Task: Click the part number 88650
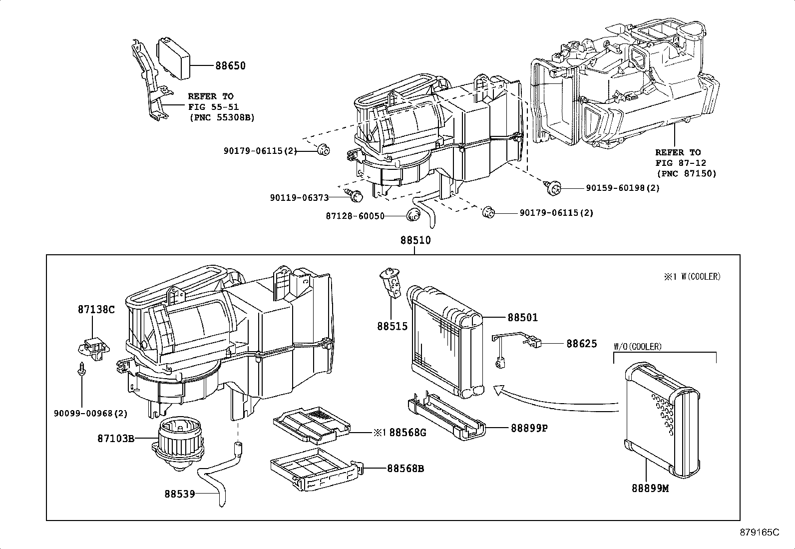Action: (x=230, y=66)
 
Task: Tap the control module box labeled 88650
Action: (x=175, y=57)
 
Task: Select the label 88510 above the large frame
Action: (x=415, y=240)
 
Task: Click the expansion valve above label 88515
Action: (x=391, y=283)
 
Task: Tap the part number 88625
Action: (x=581, y=344)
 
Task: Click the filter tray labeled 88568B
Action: (x=314, y=469)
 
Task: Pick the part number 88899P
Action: (x=529, y=428)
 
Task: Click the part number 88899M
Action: (x=649, y=489)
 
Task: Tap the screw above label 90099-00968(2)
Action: (x=81, y=370)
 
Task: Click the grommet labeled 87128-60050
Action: (x=412, y=216)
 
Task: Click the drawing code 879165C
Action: (x=759, y=533)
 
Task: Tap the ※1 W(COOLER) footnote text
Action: (x=692, y=277)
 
